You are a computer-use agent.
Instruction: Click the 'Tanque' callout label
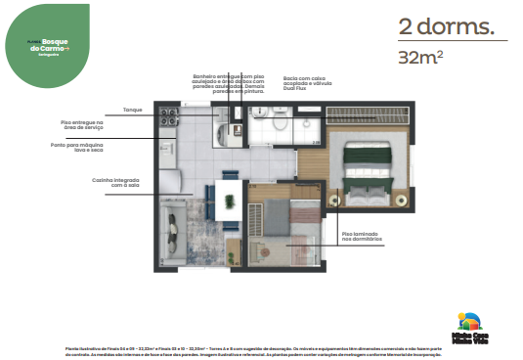coord(133,112)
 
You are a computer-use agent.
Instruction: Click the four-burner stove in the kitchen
coord(168,118)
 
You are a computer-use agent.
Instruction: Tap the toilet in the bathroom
coord(278,122)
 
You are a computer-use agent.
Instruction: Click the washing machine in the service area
coord(167,148)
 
